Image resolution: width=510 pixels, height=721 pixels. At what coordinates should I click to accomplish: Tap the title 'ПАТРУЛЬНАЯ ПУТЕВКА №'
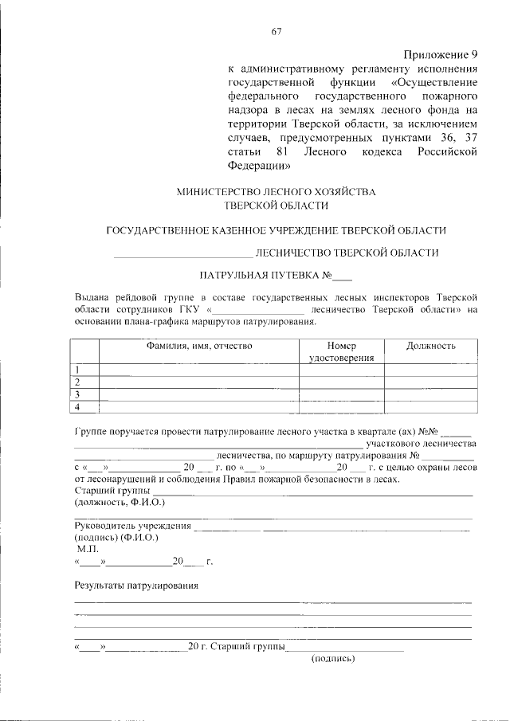tap(264, 276)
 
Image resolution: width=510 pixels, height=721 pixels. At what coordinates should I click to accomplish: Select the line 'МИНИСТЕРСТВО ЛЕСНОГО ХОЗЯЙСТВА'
tap(276, 192)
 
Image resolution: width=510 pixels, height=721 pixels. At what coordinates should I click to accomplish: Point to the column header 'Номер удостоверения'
tap(341, 352)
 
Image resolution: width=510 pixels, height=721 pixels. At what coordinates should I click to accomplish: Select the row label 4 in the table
tap(78, 408)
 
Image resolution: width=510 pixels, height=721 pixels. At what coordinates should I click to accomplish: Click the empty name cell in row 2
tap(198, 382)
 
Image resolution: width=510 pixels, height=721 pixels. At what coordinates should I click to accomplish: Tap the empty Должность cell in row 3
tap(430, 395)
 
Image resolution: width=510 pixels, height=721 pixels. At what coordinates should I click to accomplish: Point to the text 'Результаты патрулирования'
tap(136, 586)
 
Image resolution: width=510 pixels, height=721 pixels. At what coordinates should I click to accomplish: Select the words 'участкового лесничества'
tap(421, 443)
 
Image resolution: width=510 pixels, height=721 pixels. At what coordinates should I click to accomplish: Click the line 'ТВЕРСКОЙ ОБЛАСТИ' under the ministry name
tap(276, 206)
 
